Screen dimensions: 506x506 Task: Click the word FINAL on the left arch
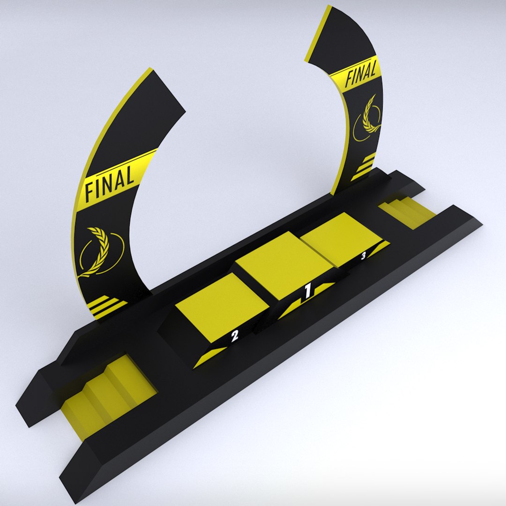pyautogui.click(x=110, y=183)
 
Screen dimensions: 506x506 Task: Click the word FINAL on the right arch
pyautogui.click(x=361, y=75)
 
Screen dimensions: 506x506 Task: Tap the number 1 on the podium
pyautogui.click(x=307, y=291)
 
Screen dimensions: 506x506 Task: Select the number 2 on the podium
pyautogui.click(x=235, y=335)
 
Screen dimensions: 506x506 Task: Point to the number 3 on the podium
pyautogui.click(x=363, y=256)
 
